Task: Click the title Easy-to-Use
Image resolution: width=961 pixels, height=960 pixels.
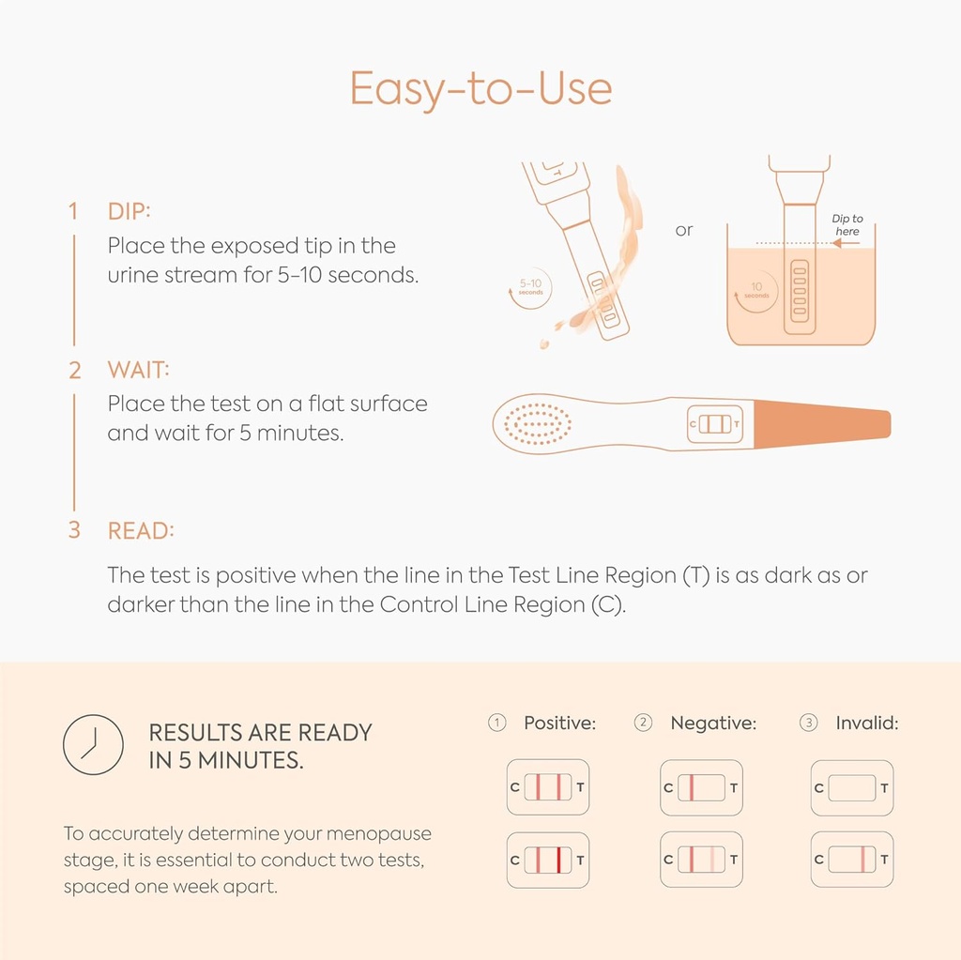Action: click(480, 89)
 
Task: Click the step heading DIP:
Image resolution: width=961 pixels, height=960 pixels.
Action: click(129, 211)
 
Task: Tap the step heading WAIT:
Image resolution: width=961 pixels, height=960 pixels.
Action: click(139, 371)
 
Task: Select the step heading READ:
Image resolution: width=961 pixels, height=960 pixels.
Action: click(141, 531)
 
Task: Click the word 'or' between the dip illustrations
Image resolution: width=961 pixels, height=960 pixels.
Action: click(684, 231)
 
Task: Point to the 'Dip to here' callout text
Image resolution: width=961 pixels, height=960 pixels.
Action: click(847, 225)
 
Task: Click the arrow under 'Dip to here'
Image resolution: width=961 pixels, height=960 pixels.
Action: click(846, 243)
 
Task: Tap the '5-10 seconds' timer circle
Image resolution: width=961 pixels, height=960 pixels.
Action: click(531, 287)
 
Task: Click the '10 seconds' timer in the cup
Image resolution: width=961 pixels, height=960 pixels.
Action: click(756, 291)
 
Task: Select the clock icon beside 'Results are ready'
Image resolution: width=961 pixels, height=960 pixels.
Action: click(93, 745)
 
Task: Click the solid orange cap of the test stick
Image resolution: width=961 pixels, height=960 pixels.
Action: click(822, 424)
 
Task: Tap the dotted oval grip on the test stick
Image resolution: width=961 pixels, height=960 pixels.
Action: click(538, 423)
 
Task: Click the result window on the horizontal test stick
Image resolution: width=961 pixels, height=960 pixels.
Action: click(715, 423)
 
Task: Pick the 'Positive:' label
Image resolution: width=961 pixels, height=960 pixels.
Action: click(559, 724)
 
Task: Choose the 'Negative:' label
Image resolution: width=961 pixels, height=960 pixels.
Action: click(713, 724)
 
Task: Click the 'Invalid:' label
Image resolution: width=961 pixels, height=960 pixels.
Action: click(866, 724)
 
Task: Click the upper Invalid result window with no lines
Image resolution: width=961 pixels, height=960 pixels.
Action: click(852, 788)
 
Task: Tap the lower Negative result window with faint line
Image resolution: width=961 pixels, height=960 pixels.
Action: click(701, 860)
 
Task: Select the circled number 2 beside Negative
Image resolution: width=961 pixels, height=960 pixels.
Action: click(643, 723)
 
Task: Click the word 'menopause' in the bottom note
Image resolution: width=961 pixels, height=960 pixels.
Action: click(379, 834)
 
